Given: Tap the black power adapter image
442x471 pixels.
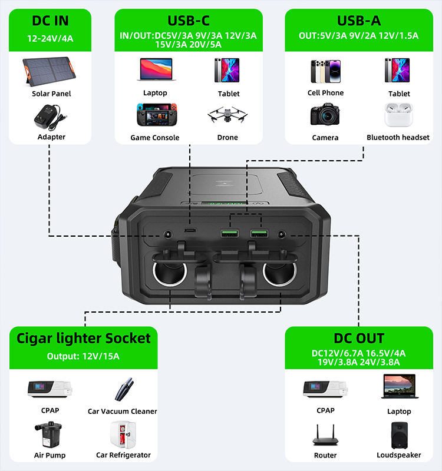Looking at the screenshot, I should point(51,117).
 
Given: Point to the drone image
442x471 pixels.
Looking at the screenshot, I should point(227,116).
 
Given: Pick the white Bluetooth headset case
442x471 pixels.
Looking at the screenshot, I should point(398,115).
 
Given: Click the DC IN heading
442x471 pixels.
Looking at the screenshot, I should point(50,21).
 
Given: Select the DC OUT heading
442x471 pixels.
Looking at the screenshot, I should point(358,339).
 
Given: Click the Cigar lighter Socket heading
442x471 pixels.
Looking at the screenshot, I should point(84,338).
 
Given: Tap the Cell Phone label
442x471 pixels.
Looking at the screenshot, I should point(325,92).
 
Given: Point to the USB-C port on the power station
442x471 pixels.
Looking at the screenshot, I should point(189,230).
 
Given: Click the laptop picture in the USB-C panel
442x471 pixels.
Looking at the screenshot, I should point(155,69).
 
